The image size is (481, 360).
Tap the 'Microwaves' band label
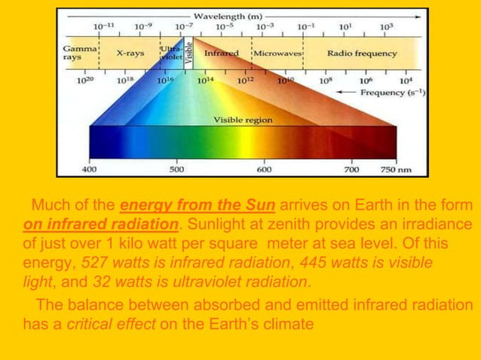277,54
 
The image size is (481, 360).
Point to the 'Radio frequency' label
363,54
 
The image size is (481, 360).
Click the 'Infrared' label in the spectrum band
222,54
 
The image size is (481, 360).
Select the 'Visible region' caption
243,119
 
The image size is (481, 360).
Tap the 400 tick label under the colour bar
89,169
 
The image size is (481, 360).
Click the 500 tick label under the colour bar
176,169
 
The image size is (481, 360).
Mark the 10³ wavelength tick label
386,26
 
